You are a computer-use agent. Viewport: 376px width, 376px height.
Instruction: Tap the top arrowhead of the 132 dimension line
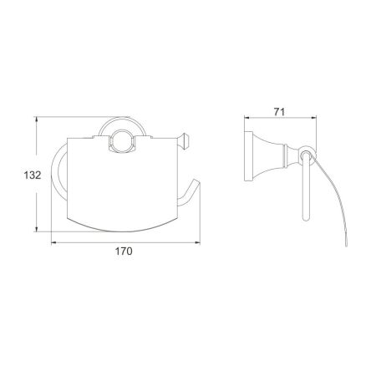point(38,120)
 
